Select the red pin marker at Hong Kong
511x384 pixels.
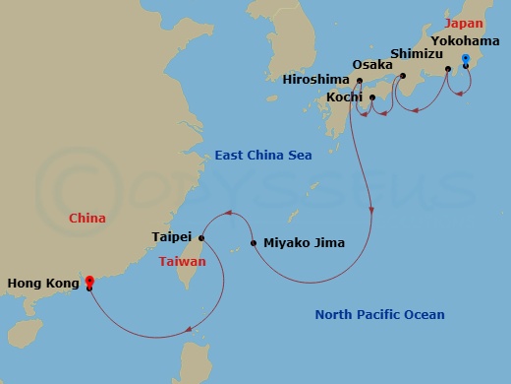[x=89, y=282]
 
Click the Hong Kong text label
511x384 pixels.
[x=42, y=284]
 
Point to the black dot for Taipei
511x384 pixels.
[x=200, y=237]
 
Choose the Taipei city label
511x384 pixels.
[x=173, y=237]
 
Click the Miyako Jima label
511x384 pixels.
[x=305, y=242]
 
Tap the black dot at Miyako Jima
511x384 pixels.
[x=254, y=242]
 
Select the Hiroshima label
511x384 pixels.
[x=315, y=79]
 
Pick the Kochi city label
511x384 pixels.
[x=346, y=98]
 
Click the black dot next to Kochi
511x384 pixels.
[x=371, y=97]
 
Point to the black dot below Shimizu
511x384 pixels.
[x=403, y=75]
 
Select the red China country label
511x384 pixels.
[x=87, y=218]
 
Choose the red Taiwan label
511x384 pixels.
[x=182, y=261]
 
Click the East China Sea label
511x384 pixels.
[x=263, y=156]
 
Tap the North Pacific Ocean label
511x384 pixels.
[x=379, y=315]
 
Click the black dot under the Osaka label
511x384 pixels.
[x=361, y=81]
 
